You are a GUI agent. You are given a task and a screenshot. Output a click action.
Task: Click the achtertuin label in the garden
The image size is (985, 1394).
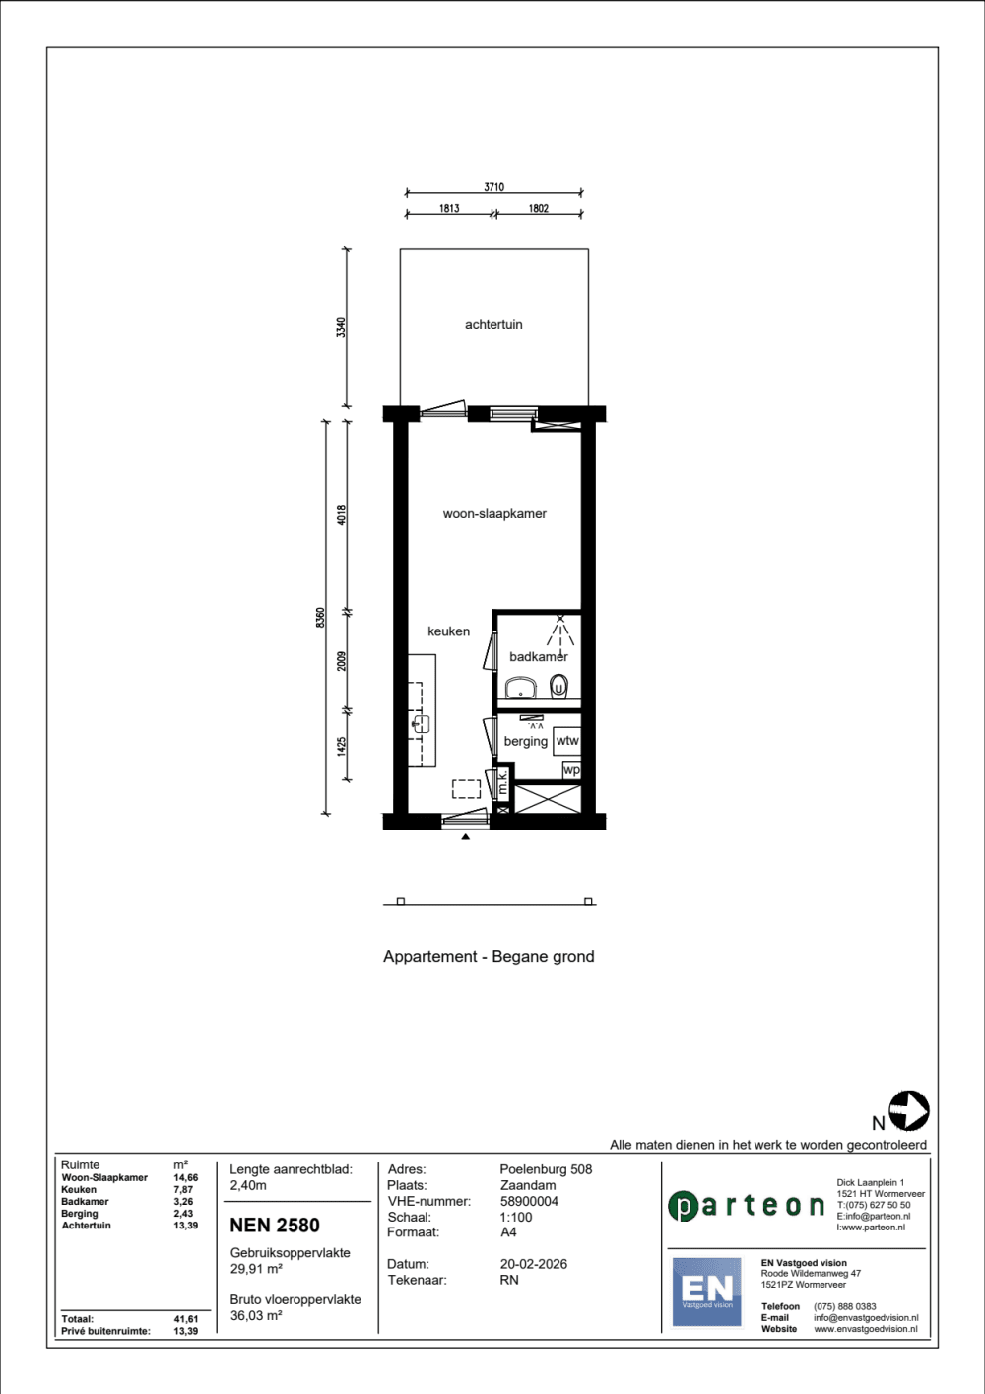[493, 324]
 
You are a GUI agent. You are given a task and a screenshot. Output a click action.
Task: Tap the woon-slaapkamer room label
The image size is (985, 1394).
[494, 513]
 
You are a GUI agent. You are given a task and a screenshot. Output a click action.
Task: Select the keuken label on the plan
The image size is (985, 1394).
[448, 631]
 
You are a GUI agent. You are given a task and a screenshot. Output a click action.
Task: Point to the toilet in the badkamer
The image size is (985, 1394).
[558, 686]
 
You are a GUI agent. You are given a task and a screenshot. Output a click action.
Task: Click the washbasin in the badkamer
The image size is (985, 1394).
[521, 688]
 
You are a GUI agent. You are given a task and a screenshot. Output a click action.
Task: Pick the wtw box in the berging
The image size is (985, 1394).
[566, 741]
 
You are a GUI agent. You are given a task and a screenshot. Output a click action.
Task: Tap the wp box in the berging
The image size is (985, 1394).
[571, 769]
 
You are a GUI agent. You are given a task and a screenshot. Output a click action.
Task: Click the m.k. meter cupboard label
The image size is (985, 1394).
[502, 781]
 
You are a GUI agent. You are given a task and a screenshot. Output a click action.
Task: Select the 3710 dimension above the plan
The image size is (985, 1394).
[494, 187]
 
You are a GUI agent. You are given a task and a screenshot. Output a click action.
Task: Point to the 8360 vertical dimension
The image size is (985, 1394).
[320, 618]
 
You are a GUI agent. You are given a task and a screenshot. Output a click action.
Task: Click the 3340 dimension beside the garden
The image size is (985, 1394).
[341, 327]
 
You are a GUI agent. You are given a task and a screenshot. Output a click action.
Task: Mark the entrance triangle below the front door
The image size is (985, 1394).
[466, 837]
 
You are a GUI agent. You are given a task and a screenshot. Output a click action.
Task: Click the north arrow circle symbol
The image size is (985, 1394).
[908, 1110]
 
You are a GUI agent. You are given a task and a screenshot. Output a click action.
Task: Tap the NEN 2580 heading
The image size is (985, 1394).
[275, 1225]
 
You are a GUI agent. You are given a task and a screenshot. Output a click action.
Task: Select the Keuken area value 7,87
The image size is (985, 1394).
[183, 1189]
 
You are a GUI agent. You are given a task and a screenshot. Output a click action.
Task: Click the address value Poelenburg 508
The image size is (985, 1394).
[546, 1169]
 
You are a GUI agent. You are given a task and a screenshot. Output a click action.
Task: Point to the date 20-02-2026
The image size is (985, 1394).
[533, 1264]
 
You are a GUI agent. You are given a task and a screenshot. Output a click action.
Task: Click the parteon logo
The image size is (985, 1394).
[746, 1206]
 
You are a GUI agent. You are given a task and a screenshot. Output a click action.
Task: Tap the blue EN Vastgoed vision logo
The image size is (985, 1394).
[707, 1292]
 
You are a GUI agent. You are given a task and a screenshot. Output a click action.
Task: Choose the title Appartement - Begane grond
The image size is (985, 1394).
[489, 956]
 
